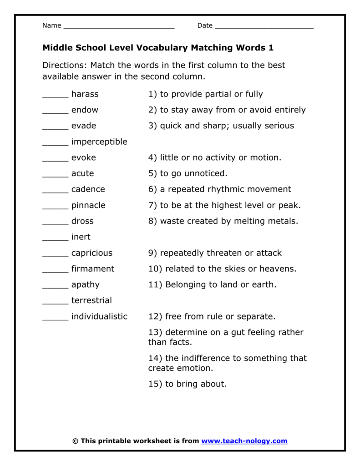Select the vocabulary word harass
coord(85,94)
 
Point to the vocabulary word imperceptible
coord(99,142)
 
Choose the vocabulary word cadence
coord(88,189)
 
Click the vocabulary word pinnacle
coord(88,205)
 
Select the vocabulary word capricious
coord(91,253)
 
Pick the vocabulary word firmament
coord(93,269)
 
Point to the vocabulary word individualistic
coord(99,316)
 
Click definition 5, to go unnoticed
coord(188,173)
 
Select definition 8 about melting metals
coord(223,221)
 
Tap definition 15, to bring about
coord(187,384)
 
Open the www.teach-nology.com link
coord(244,441)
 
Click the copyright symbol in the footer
coord(76,441)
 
